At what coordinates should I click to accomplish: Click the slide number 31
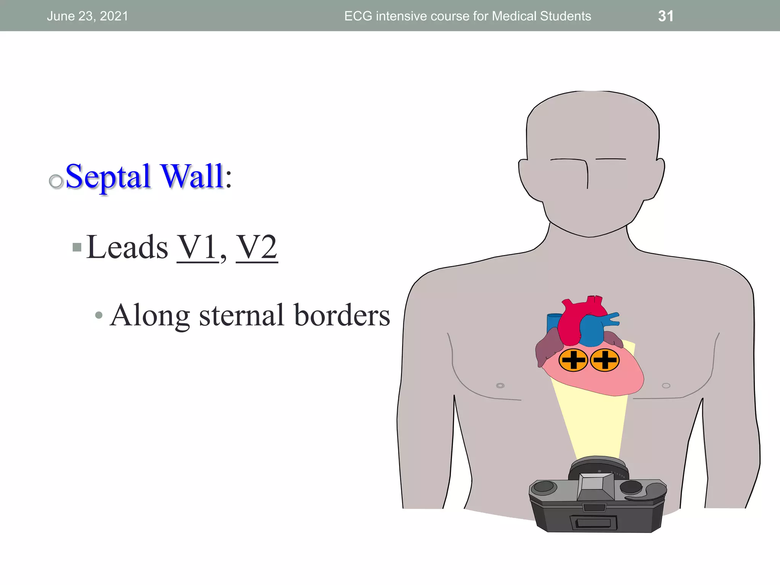666,16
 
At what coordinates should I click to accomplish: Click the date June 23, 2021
87,16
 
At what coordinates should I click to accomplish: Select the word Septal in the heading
108,176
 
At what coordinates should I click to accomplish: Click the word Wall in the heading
192,176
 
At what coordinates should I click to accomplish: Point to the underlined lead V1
197,248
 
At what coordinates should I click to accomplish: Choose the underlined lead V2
257,248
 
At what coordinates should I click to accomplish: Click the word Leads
127,248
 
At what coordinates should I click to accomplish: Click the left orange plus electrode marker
573,360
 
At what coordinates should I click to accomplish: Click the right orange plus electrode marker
605,360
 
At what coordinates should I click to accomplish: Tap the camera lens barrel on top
598,467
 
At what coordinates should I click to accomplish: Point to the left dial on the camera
544,486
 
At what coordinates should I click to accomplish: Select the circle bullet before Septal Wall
56,181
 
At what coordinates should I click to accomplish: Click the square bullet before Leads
77,248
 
